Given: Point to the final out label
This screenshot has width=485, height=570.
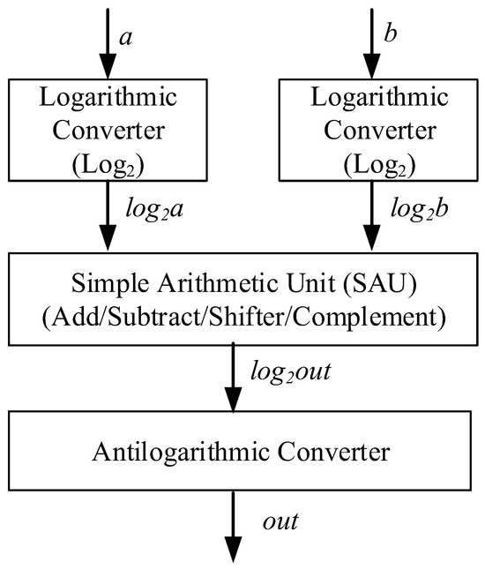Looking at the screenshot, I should tap(281, 521).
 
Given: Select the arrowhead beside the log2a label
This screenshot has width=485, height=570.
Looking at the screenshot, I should tap(107, 241).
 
